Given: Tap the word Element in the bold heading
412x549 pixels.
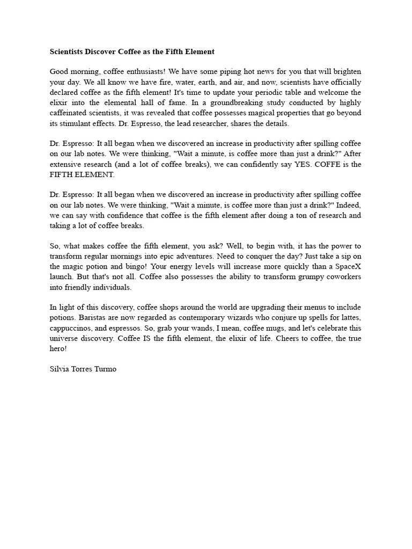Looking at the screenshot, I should (199, 51).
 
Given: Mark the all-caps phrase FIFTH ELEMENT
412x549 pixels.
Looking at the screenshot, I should (82, 175).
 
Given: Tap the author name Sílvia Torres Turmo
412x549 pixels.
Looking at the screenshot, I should (83, 369).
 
